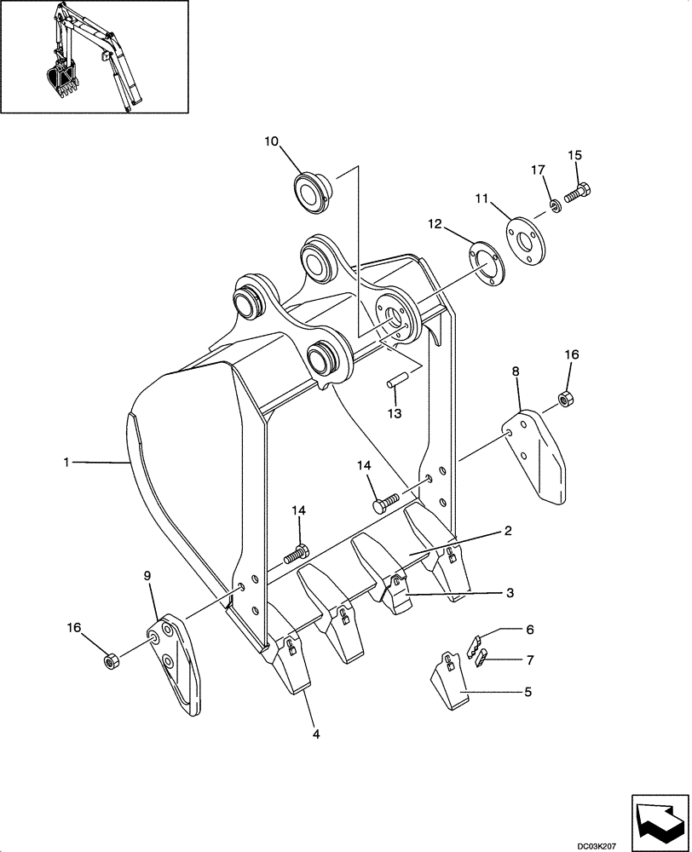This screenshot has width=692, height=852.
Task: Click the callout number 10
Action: point(271,141)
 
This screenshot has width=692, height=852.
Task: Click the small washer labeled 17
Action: point(555,204)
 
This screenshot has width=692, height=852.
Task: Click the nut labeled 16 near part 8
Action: point(564,397)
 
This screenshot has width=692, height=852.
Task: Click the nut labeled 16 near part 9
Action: point(110,659)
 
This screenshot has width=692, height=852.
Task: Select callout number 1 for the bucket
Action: point(66,462)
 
